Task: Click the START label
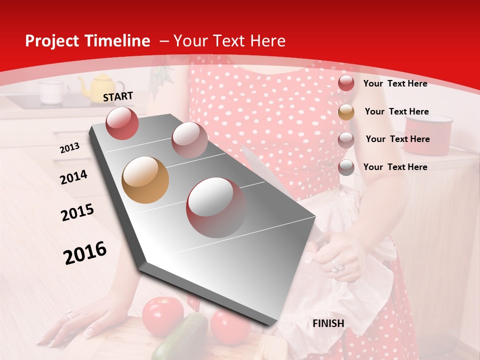click(x=118, y=96)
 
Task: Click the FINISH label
click(x=328, y=323)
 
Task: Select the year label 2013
click(x=69, y=148)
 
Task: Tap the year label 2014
click(x=73, y=177)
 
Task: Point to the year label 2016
click(x=85, y=252)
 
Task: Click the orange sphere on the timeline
click(x=145, y=180)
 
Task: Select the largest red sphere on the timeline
click(x=216, y=207)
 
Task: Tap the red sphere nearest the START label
click(x=122, y=123)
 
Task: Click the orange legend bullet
click(x=346, y=111)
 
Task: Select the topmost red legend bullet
click(x=346, y=83)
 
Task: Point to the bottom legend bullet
click(x=346, y=167)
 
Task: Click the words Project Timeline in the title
click(x=87, y=41)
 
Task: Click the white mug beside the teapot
click(x=53, y=92)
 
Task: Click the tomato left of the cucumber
click(x=162, y=315)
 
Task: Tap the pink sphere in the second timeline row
click(x=189, y=139)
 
